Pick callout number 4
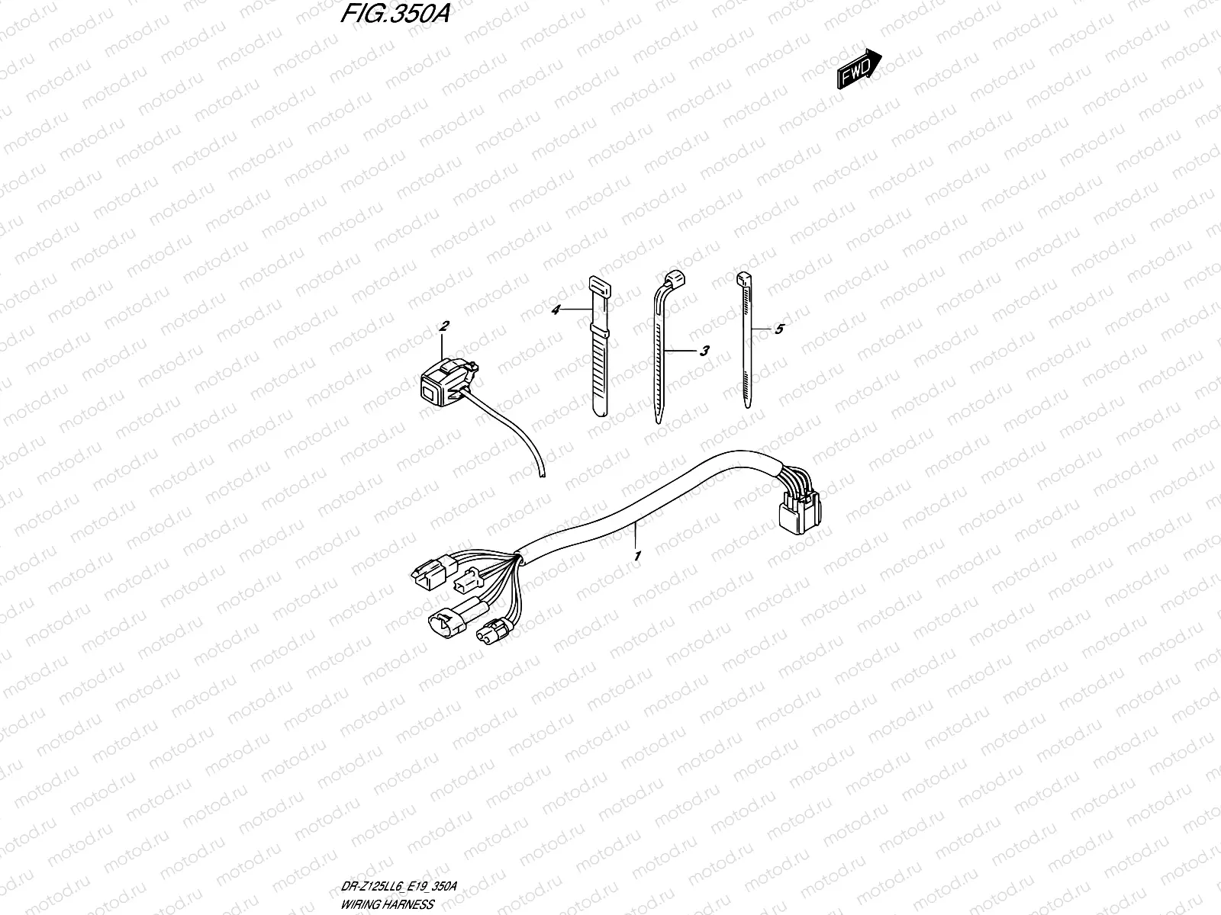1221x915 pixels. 556,310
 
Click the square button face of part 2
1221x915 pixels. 426,393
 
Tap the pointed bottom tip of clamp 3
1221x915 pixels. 656,418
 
